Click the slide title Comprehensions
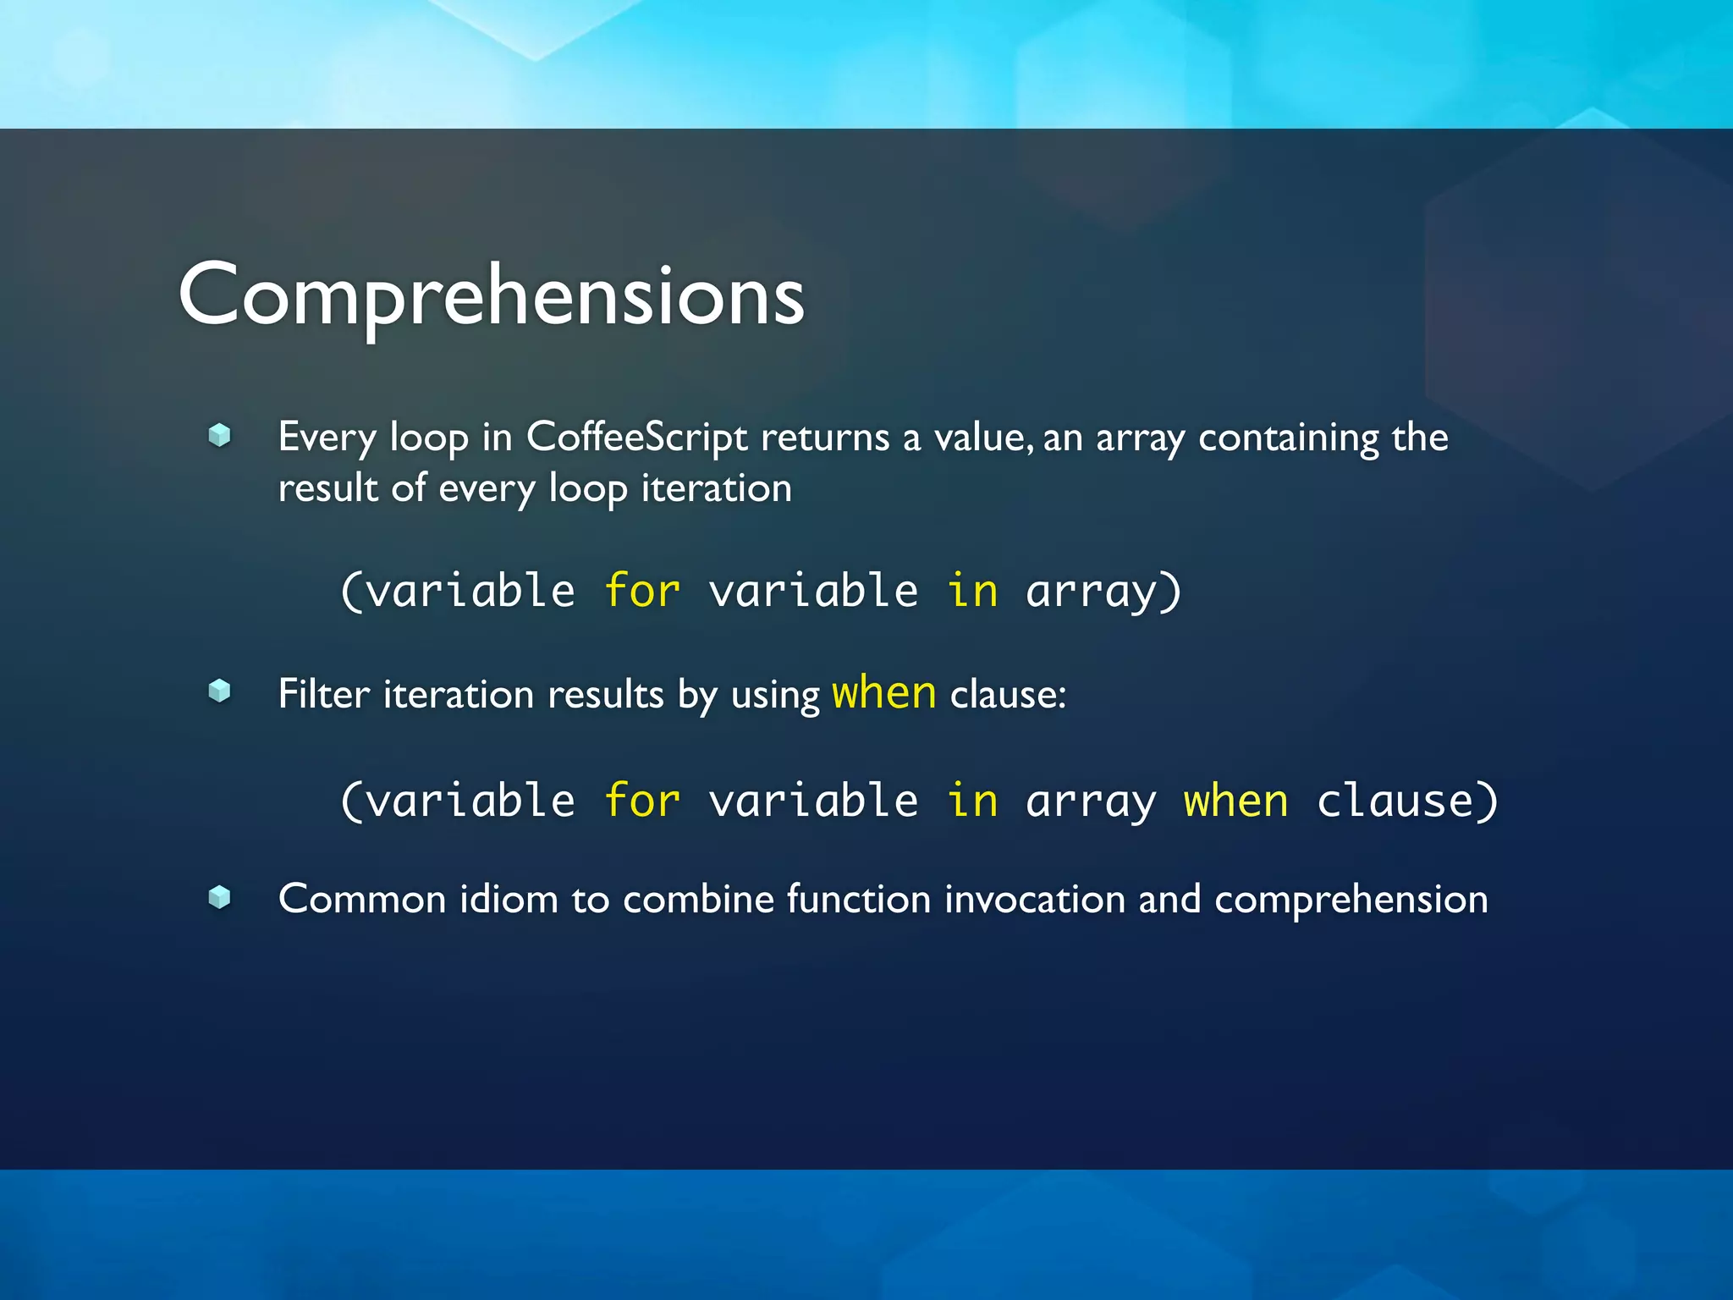(x=491, y=295)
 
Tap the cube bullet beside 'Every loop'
(x=220, y=435)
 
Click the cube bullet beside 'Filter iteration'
(x=220, y=691)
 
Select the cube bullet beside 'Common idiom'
(x=220, y=897)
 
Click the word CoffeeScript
(x=636, y=438)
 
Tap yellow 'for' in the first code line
(x=642, y=590)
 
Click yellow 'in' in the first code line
(x=972, y=590)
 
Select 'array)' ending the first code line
(x=1103, y=592)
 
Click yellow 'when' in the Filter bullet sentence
(x=884, y=692)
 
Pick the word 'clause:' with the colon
(x=1008, y=695)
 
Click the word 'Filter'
(x=324, y=694)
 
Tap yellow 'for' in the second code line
(x=642, y=801)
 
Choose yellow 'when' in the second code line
(x=1235, y=801)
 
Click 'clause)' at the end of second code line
(x=1407, y=801)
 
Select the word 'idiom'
(x=509, y=899)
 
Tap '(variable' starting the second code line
(x=458, y=801)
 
